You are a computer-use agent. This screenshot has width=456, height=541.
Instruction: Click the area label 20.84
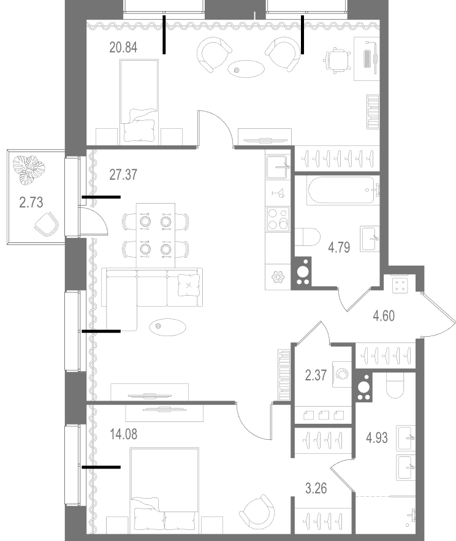coord(123,47)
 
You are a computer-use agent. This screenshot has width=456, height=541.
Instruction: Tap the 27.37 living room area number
coord(123,175)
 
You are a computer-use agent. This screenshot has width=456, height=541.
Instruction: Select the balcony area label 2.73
coord(31,202)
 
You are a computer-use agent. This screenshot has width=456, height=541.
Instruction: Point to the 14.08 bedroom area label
coord(123,434)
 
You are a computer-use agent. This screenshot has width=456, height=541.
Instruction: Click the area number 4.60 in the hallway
coord(384,316)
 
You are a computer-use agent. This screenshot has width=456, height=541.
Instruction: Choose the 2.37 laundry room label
coord(316,375)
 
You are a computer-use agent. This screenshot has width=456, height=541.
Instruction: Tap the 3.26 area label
coord(316,488)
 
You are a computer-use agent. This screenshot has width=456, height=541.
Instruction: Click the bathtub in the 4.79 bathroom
coord(343,190)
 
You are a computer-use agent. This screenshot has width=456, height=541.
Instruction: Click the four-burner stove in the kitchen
coord(277,219)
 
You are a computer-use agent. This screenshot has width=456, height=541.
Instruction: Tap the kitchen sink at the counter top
coord(276,167)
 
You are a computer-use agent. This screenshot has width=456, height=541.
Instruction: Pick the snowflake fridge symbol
coord(277,277)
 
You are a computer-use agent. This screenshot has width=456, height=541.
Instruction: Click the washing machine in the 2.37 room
coord(342,374)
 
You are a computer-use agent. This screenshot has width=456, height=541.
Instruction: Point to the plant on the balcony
coord(29,169)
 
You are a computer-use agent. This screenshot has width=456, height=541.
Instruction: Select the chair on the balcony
coord(47,224)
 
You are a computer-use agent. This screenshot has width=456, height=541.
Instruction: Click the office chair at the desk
coord(337,61)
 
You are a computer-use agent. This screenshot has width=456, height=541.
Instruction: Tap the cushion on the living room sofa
coord(189,285)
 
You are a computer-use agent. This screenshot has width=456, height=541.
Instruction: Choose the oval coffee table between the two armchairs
coord(246,69)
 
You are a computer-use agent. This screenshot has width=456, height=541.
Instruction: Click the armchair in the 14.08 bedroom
coord(257,511)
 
